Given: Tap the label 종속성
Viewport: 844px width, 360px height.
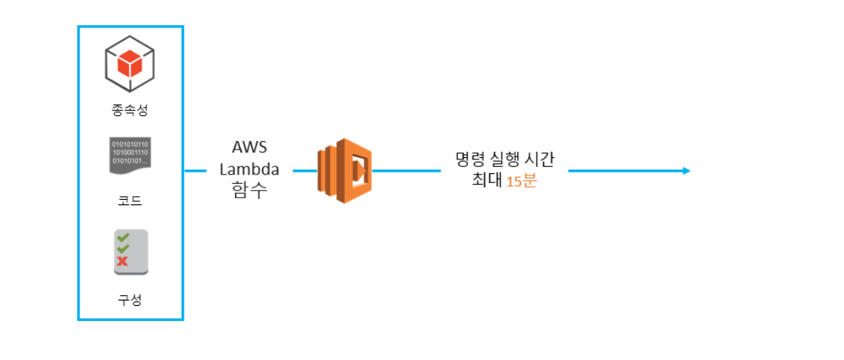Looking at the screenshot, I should pos(130,110).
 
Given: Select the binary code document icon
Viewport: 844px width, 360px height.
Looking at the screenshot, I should pos(130,156).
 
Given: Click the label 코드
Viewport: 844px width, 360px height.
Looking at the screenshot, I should pos(130,202).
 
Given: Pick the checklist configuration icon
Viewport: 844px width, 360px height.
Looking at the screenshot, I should pos(130,252).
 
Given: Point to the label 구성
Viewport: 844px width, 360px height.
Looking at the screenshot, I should pos(130,300).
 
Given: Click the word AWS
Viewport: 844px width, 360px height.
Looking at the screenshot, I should pos(250,148).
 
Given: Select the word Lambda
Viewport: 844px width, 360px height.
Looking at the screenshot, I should pos(250,169).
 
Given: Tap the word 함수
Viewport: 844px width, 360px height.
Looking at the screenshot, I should pos(250,191).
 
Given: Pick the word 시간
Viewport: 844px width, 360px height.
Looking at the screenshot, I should pos(541,160).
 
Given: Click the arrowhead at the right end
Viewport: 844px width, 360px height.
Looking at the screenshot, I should pos(687,171).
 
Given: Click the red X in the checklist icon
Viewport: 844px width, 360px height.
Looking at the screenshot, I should pos(122,262).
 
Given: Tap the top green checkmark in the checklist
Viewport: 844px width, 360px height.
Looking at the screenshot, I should pos(122,238).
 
